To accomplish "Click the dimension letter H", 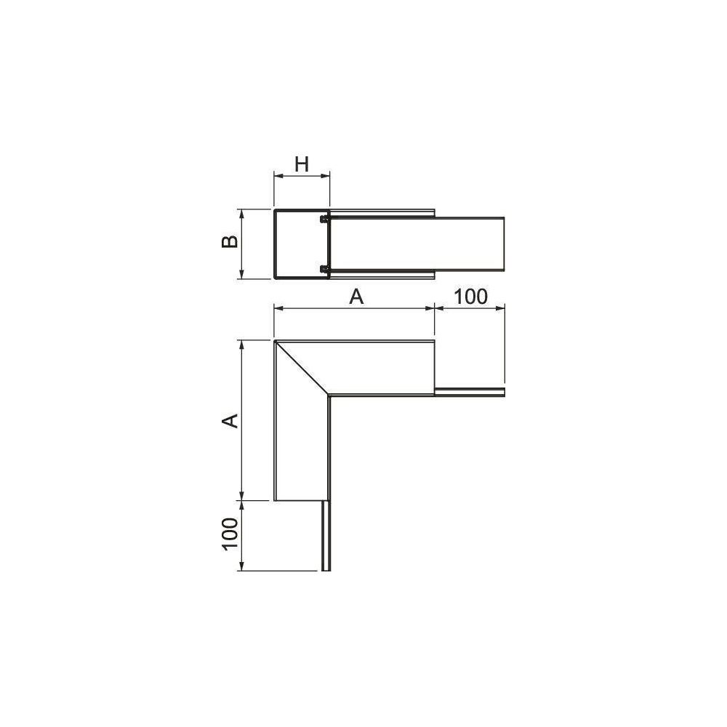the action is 302,164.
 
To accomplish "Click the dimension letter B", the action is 230,241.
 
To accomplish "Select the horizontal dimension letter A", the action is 356,297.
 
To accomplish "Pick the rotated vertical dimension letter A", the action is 230,420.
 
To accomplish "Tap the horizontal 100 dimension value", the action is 470,297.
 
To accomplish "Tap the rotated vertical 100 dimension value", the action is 230,534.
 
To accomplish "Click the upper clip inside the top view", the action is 324,218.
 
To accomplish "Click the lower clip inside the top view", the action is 324,269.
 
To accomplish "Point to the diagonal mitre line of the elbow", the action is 302,368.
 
